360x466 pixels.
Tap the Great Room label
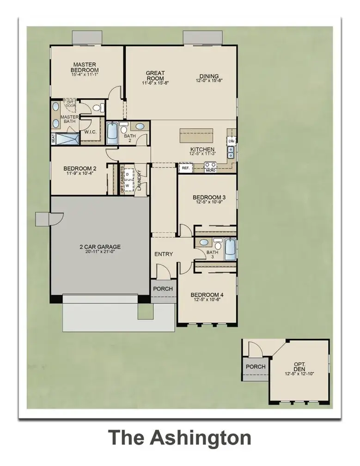click(x=156, y=75)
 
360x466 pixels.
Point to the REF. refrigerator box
click(x=185, y=169)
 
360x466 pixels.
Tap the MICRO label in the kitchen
click(x=211, y=171)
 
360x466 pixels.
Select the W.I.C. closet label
click(x=90, y=132)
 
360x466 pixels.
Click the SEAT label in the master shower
click(x=53, y=138)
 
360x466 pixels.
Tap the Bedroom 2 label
click(x=79, y=168)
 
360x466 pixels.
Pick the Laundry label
click(x=139, y=180)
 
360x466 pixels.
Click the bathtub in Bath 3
click(x=230, y=250)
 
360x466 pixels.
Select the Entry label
click(x=164, y=254)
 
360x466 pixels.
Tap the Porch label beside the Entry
click(x=163, y=289)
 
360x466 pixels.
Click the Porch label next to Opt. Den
click(x=256, y=367)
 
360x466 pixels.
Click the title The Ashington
click(x=180, y=437)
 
